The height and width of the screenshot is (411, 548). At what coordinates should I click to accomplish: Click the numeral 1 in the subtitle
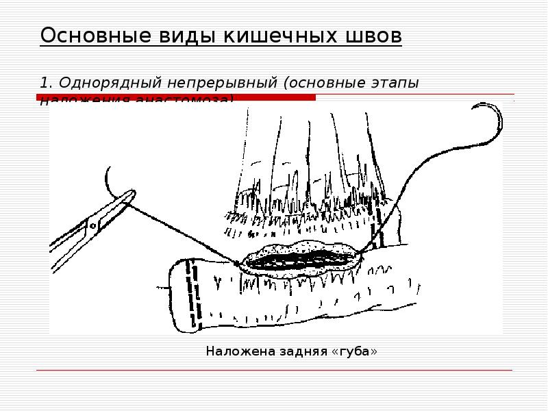44,83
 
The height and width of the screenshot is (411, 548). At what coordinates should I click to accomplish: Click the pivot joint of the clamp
92,224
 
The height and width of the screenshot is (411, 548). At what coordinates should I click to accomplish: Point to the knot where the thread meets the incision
236,262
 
